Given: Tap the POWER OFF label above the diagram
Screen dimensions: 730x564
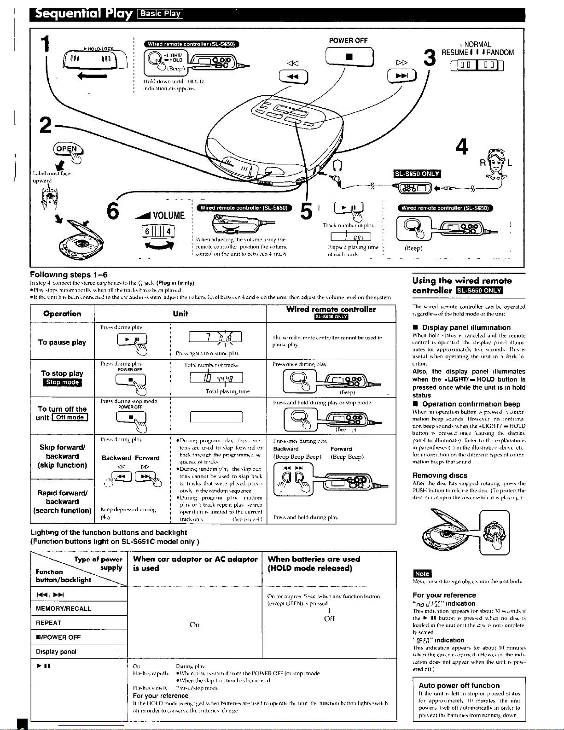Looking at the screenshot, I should (348, 41).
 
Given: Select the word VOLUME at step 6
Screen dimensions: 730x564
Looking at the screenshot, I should (163, 216).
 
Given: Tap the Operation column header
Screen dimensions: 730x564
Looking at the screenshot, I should (62, 314).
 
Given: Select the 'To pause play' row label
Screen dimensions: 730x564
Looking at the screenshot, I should (62, 342).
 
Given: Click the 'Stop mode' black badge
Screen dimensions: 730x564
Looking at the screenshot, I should (62, 382).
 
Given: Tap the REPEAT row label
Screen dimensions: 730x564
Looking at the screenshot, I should (48, 623).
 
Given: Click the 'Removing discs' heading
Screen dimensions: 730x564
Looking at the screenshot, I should (440, 475).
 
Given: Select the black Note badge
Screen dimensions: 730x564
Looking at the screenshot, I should (422, 573).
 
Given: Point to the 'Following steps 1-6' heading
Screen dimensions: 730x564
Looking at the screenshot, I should (69, 275).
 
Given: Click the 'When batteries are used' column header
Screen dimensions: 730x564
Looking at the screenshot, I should (314, 563).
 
